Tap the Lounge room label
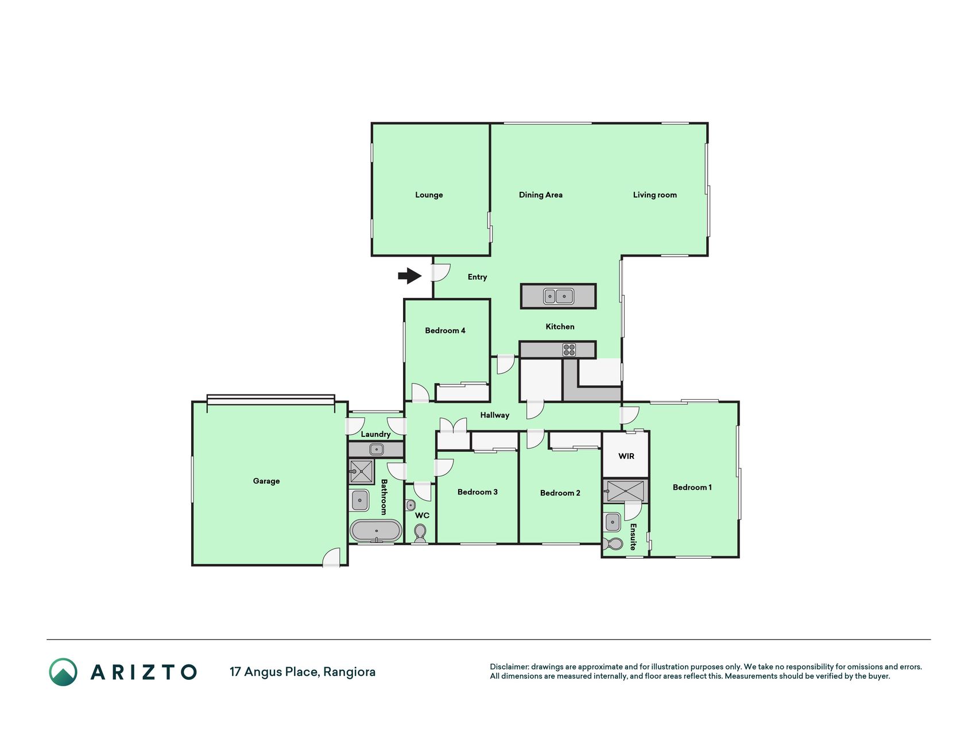pos(429,195)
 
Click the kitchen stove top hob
pos(569,349)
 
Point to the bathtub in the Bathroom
pos(376,531)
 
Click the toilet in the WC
pos(420,533)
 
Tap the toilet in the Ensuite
pos(613,543)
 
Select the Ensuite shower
pos(625,491)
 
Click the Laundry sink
pos(376,449)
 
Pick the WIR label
pos(626,456)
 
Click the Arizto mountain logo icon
pos(63,672)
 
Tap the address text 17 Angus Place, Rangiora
pos(303,672)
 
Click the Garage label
pos(266,481)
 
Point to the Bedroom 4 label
pos(445,330)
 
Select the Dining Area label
pos(541,195)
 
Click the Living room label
pos(655,195)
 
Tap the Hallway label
pos(495,415)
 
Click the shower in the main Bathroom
pos(361,471)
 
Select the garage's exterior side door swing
pos(331,558)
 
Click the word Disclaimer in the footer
pos(509,667)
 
